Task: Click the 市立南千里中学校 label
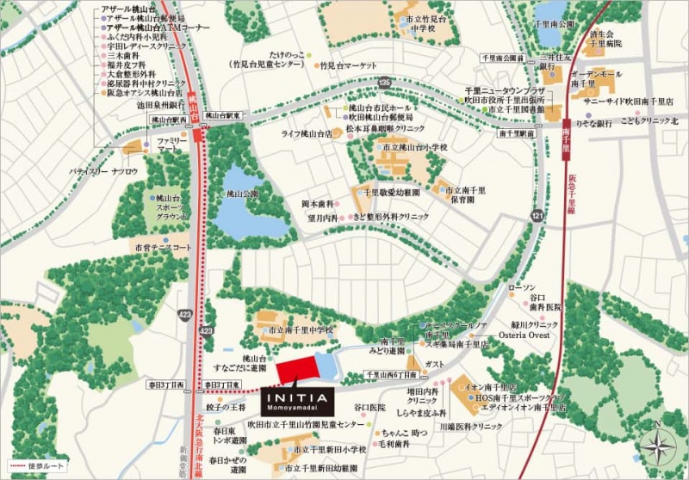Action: (x=301, y=329)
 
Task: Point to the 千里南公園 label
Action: (x=554, y=49)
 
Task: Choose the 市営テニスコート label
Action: (x=163, y=248)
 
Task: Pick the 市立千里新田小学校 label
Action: (x=330, y=449)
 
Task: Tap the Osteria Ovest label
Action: (x=527, y=335)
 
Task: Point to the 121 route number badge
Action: (x=538, y=215)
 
